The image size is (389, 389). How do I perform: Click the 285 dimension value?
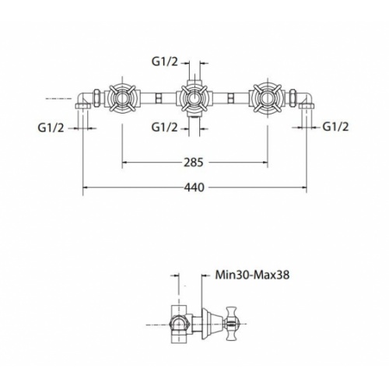click(194, 163)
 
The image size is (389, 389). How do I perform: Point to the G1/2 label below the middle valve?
click(166, 126)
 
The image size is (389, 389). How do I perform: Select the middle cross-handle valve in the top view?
click(194, 99)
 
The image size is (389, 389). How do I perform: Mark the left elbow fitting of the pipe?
click(83, 103)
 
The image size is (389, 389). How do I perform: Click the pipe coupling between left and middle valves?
click(158, 99)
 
